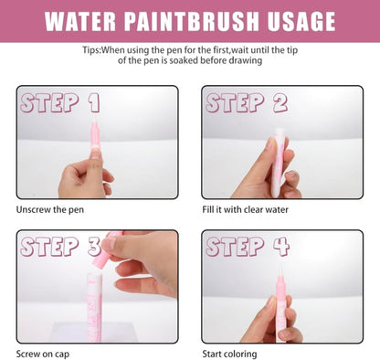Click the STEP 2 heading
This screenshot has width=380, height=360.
(x=247, y=102)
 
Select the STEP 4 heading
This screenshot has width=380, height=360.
(x=247, y=246)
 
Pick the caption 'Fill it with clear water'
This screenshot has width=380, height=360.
(x=245, y=210)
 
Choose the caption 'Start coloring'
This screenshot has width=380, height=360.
(x=229, y=353)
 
